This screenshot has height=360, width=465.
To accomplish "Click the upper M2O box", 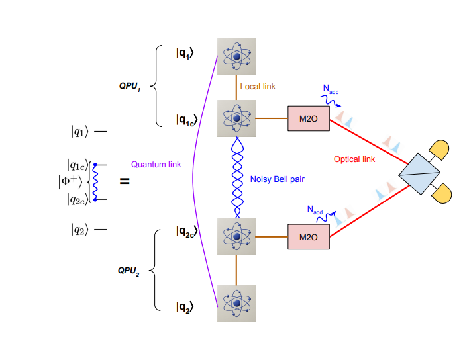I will point(308,118).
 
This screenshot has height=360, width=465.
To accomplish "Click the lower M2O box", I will point(308,236).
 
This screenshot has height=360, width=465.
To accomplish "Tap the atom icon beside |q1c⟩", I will point(236,119).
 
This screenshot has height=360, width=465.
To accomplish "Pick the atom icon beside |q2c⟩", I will point(236,236).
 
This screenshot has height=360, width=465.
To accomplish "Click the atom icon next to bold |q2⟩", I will point(236,304).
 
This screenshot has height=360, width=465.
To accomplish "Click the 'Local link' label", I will point(258,87).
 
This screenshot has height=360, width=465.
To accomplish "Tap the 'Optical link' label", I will point(354,159).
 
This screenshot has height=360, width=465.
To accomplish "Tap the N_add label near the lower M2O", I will point(317,210).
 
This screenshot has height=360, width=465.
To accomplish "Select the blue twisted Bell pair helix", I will point(236,179).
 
